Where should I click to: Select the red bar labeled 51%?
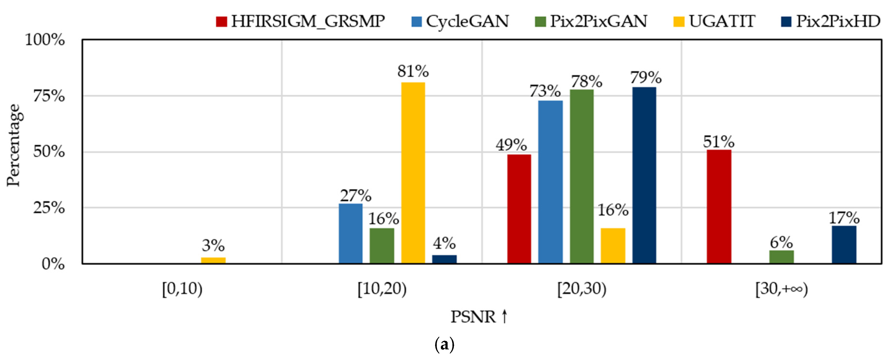coord(719,206)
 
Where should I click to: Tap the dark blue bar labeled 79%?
coord(644,175)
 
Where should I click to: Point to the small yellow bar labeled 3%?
coord(213,260)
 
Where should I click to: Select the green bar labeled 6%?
coord(781,257)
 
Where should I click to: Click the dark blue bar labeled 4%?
coord(444,259)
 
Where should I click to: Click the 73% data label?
coord(545,91)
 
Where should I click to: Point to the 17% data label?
coord(844,218)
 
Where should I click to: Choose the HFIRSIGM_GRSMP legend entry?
coord(301,21)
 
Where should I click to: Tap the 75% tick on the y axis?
coord(49,96)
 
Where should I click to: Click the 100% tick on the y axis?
coord(45,40)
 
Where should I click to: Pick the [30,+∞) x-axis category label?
coord(782,289)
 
